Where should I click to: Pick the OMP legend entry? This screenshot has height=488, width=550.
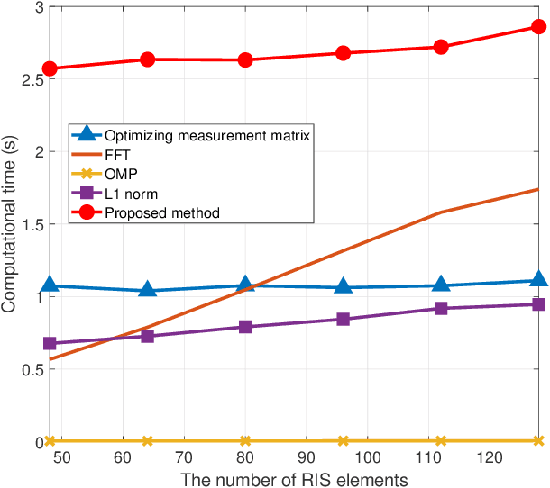[118, 175]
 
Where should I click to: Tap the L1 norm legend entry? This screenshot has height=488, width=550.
[126, 194]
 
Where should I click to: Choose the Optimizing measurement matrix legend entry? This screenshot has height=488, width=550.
[206, 135]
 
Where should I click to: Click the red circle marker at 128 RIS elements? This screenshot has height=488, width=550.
[538, 27]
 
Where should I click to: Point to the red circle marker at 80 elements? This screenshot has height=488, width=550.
[245, 60]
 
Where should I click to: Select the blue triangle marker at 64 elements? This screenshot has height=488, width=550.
[148, 290]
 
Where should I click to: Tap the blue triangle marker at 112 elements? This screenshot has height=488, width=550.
[441, 285]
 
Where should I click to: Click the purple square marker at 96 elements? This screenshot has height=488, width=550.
[344, 319]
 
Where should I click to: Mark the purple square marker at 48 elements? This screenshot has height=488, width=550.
[50, 343]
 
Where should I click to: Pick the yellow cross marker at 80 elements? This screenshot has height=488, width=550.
[245, 441]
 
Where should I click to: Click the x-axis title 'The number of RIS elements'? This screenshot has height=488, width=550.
[294, 478]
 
